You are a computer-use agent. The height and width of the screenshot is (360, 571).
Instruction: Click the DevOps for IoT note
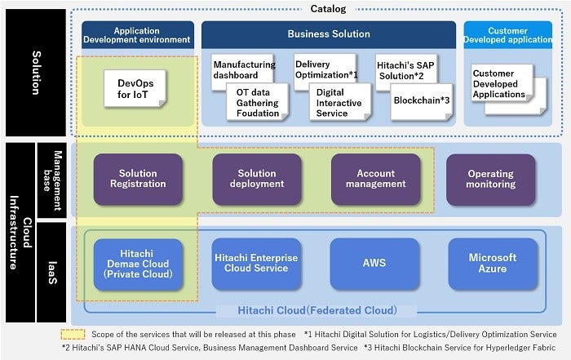135,87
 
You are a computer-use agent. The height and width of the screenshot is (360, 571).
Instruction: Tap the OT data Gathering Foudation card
257,101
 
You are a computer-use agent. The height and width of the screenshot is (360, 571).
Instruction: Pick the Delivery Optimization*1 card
324,69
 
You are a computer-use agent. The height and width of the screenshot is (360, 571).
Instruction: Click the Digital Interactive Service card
339,102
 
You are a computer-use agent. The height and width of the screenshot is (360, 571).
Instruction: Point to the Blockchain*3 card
421,101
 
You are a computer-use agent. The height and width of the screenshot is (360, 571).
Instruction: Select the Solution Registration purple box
138,179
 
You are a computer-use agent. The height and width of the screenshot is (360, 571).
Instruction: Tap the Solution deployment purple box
256,179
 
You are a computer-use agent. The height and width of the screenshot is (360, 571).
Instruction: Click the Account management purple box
375,179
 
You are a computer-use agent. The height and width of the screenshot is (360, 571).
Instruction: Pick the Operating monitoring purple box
490,179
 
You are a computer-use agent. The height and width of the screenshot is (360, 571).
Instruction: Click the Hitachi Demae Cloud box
138,264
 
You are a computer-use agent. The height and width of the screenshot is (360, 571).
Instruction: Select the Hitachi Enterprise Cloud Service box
256,264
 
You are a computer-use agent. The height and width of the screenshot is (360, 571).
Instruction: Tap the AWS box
375,264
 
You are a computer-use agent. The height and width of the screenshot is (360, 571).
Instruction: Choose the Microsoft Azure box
492,264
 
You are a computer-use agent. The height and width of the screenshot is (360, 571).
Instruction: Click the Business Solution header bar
328,34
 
